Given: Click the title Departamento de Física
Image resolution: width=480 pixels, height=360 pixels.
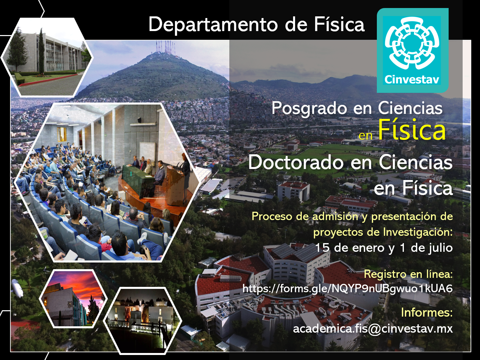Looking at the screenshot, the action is pyautogui.click(x=256, y=25).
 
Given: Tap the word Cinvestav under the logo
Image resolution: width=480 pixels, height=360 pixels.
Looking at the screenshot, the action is pyautogui.click(x=412, y=79).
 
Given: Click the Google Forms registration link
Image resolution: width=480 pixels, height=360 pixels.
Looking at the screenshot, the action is pyautogui.click(x=347, y=289).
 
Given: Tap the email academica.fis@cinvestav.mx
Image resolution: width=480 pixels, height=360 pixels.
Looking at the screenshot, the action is pyautogui.click(x=373, y=329).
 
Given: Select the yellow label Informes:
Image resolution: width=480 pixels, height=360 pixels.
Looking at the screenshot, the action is pyautogui.click(x=427, y=312).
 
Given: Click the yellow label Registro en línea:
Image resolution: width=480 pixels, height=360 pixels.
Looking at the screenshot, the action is pyautogui.click(x=408, y=274).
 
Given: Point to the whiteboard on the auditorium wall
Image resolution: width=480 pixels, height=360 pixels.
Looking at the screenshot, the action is pyautogui.click(x=148, y=152).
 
